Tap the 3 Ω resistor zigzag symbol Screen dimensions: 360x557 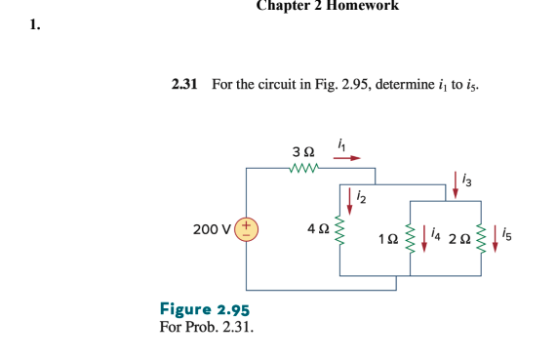click(304, 170)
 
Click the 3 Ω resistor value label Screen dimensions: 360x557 click(303, 152)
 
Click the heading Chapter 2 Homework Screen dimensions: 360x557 click(327, 6)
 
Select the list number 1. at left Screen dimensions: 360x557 click(34, 25)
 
